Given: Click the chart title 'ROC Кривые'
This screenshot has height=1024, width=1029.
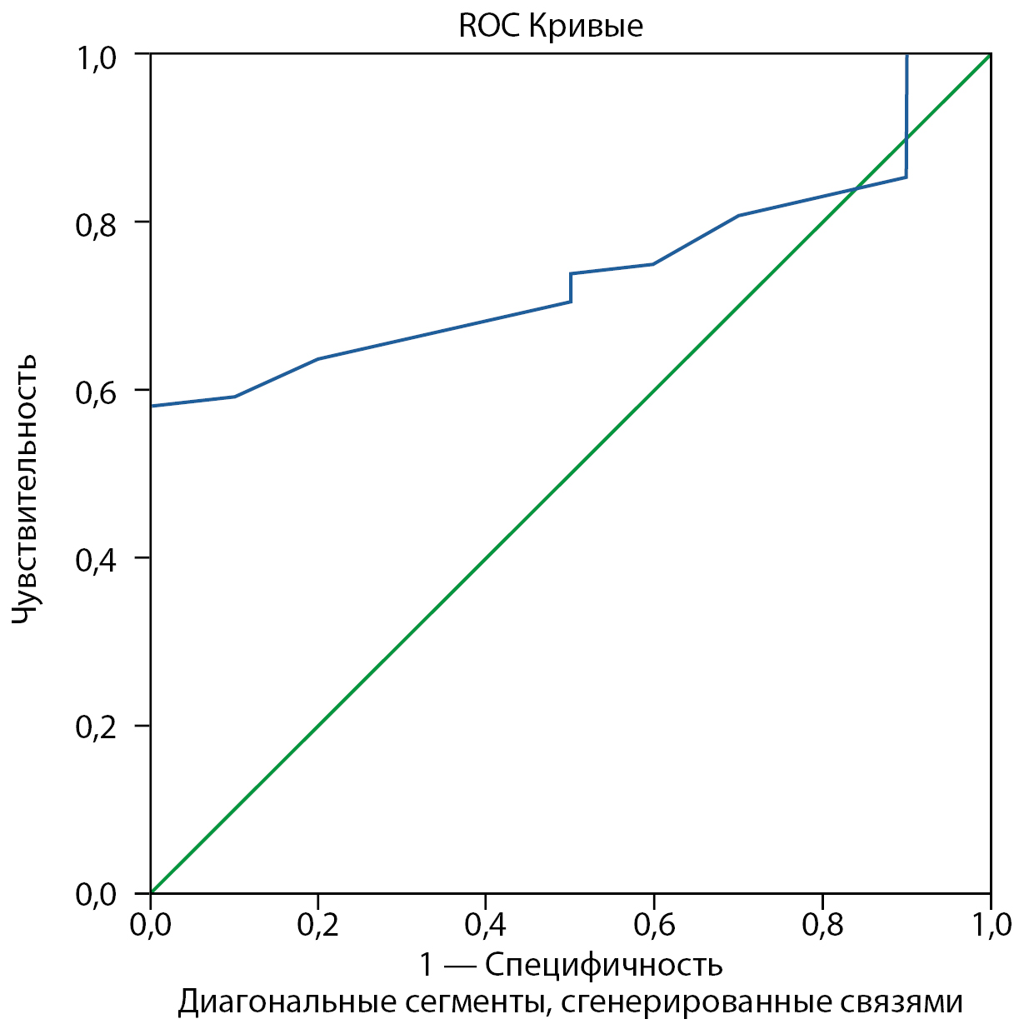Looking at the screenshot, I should coord(550,26).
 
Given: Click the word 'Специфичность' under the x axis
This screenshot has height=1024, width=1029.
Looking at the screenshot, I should coord(603,965).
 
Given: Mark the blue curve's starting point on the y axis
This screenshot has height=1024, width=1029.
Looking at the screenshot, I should coord(151,406).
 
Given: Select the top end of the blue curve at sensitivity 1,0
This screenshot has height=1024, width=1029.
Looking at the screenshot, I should coord(907,55).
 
